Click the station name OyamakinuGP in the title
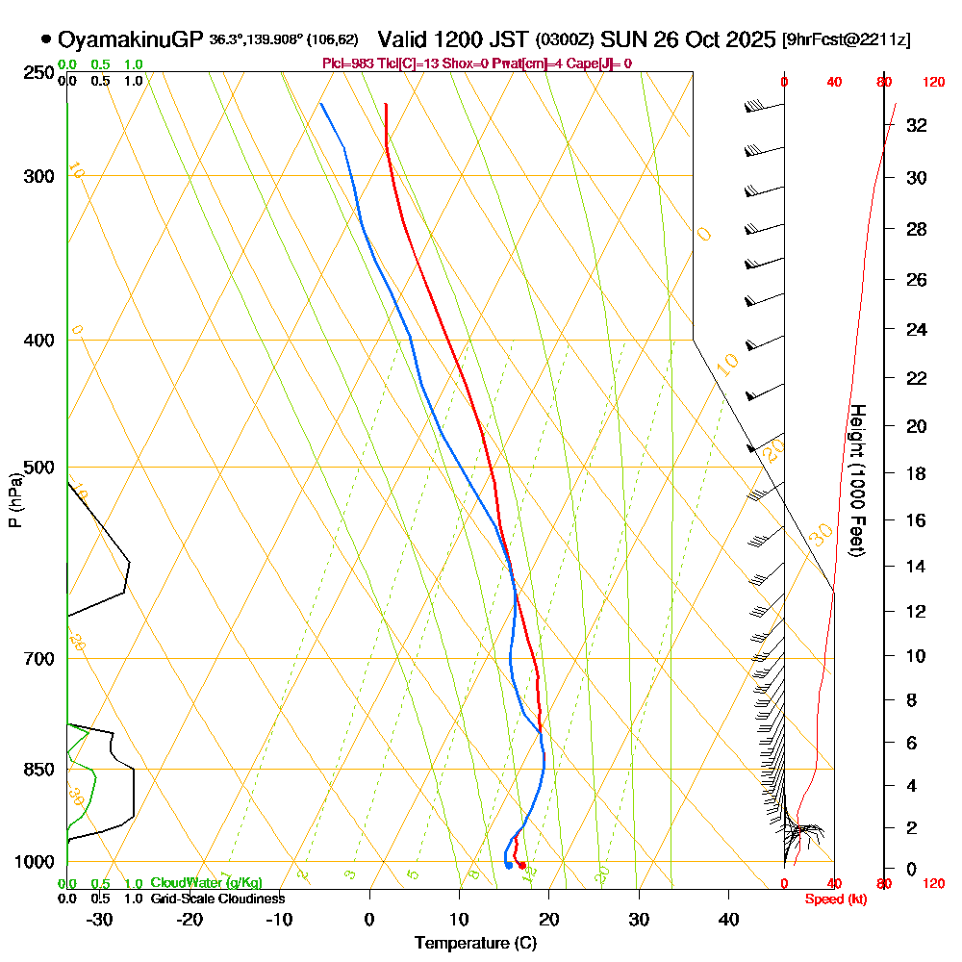point(130,39)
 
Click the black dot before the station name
point(46,39)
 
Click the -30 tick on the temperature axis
point(100,920)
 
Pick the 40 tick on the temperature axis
point(728,920)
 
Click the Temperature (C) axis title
point(475,943)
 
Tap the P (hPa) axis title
point(14,500)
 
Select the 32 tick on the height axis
point(918,124)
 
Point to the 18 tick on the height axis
point(918,473)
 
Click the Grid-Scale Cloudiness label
point(217,899)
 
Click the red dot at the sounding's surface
point(522,866)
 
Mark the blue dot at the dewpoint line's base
point(508,866)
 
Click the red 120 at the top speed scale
point(933,82)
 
